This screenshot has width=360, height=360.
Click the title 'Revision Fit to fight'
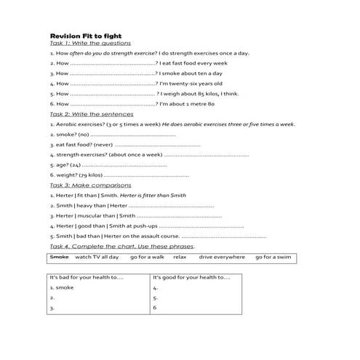85,35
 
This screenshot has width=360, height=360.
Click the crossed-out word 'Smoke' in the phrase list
59,257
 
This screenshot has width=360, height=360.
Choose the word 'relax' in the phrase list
180,257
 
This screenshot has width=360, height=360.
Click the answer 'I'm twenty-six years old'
192,84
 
